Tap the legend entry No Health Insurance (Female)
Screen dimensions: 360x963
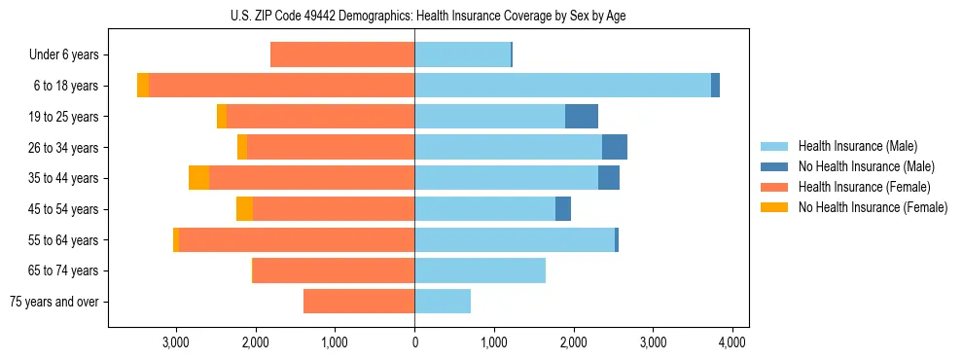pos(873,207)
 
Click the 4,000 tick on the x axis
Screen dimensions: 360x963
pos(731,342)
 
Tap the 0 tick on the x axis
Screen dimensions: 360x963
pos(414,342)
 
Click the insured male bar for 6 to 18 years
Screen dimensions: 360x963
pos(562,86)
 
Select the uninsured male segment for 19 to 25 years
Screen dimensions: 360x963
pos(582,117)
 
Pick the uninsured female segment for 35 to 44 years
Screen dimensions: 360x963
pos(198,178)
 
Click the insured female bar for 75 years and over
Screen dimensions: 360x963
pos(359,302)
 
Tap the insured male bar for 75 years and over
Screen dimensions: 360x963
pos(443,302)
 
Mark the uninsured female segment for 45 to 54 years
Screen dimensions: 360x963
pos(244,209)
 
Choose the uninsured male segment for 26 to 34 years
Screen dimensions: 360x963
pos(615,147)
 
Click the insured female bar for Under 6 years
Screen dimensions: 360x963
pos(342,55)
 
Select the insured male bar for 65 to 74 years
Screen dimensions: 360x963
pos(480,270)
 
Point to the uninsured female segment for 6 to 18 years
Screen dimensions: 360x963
pos(143,86)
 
